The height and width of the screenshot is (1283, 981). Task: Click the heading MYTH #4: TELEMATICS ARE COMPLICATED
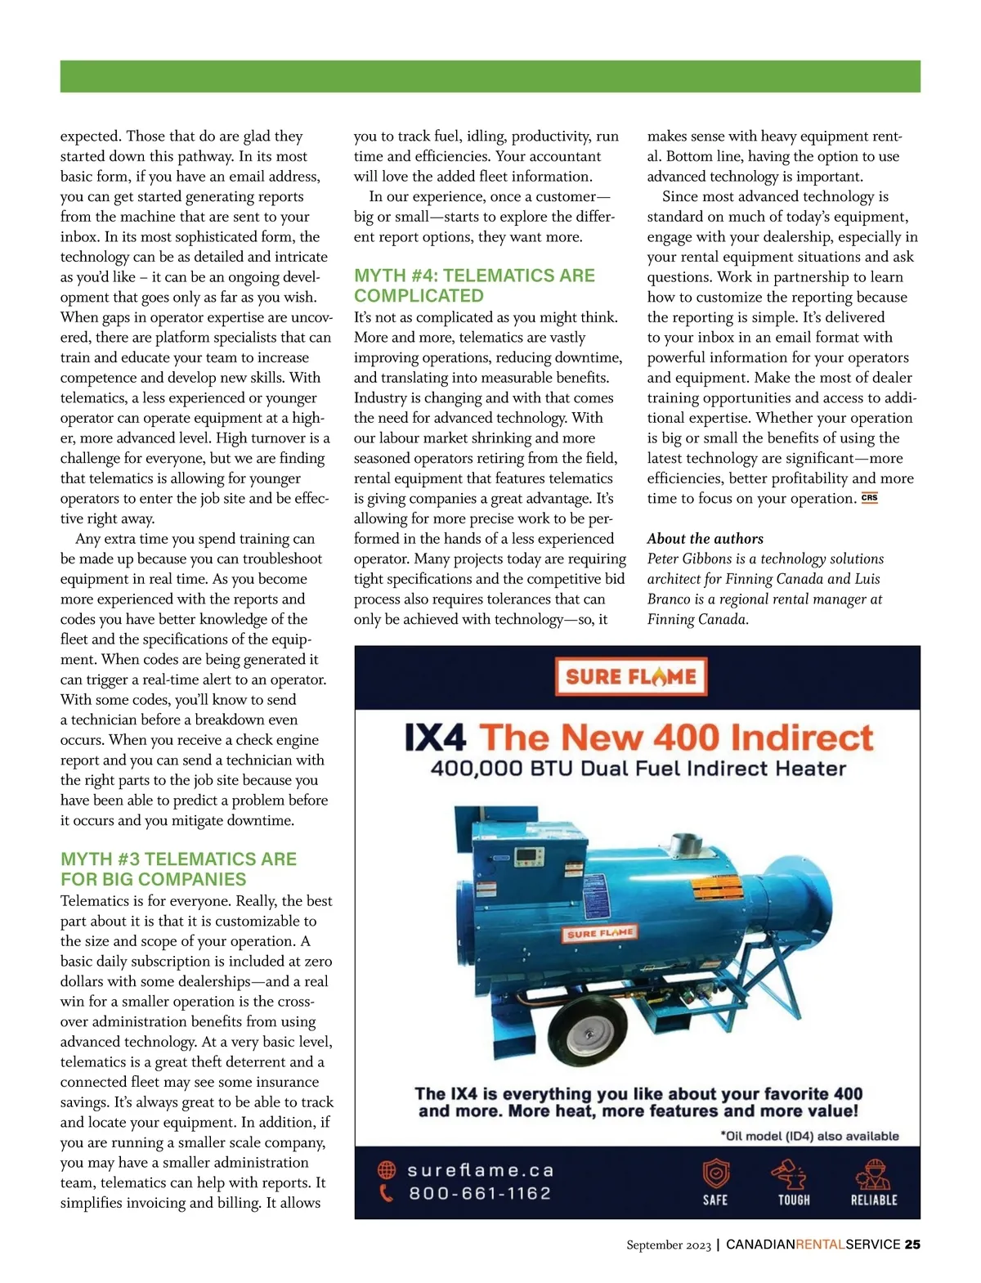point(474,285)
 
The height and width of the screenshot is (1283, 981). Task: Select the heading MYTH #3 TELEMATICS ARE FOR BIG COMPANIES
point(178,868)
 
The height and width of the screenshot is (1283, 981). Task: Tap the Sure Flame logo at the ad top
point(631,676)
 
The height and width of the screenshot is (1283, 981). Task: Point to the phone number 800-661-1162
point(480,1193)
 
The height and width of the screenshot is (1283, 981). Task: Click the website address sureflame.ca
point(481,1170)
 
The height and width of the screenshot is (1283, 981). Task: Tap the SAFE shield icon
point(715,1174)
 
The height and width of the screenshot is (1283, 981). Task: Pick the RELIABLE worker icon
point(873,1174)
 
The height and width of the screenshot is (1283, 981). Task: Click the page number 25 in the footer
point(912,1245)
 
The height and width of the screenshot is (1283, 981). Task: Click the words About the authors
point(705,538)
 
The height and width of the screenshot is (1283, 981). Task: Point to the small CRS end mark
point(869,498)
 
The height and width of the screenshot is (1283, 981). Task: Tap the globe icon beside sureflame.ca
point(387,1170)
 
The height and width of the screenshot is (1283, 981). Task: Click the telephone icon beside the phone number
point(387,1193)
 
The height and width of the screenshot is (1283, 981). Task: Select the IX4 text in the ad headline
point(435,738)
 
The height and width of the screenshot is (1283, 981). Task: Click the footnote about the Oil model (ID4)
point(809,1136)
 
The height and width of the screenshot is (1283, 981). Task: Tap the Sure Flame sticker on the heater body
point(601,933)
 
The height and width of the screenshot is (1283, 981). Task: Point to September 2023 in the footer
point(669,1245)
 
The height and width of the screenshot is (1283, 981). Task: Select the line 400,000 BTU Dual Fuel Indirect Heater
point(638,769)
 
